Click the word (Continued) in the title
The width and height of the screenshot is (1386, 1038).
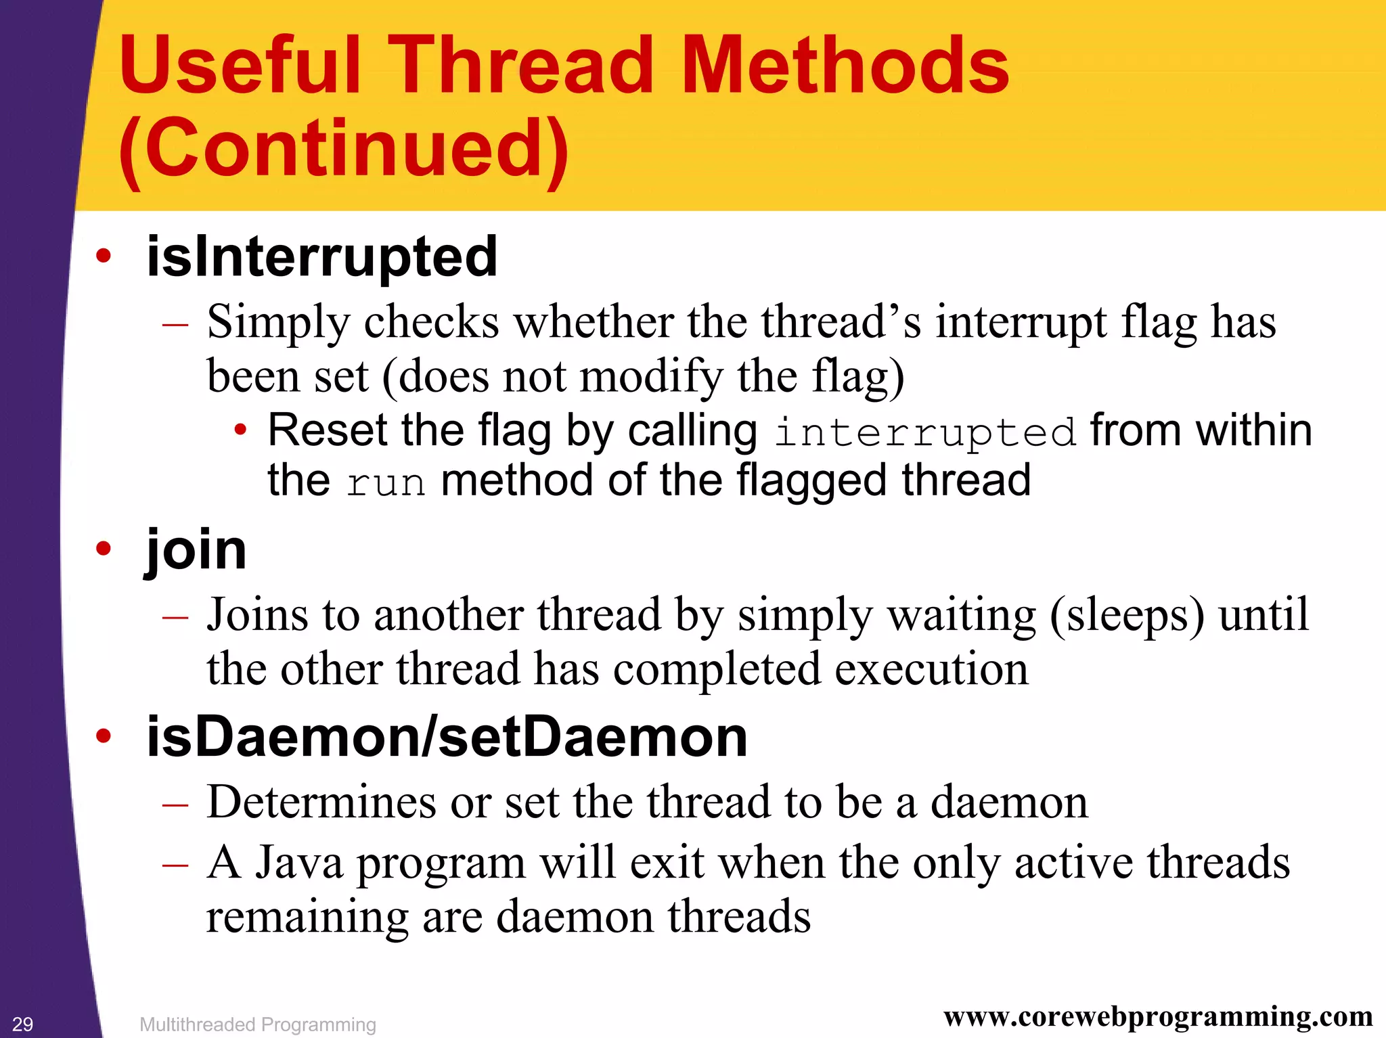tap(344, 149)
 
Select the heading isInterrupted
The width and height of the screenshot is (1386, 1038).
tap(322, 257)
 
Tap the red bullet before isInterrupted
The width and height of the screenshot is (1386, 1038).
tap(103, 256)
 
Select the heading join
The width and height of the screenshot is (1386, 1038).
tap(196, 549)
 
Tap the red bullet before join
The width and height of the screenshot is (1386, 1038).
tap(103, 549)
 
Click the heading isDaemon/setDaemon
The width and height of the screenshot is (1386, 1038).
tap(447, 738)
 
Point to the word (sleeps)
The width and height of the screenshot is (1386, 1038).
tap(1127, 616)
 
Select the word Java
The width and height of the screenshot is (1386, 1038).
tap(298, 863)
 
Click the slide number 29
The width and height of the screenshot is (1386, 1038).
tap(22, 1024)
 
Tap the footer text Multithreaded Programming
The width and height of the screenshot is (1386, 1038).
tap(258, 1024)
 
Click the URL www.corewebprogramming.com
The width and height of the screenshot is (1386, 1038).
tap(1158, 1017)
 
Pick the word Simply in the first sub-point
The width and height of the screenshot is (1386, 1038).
tap(278, 323)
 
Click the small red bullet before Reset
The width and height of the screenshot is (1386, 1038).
tap(240, 430)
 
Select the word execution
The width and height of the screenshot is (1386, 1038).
tap(931, 670)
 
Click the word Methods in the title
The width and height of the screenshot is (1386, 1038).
tap(845, 66)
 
